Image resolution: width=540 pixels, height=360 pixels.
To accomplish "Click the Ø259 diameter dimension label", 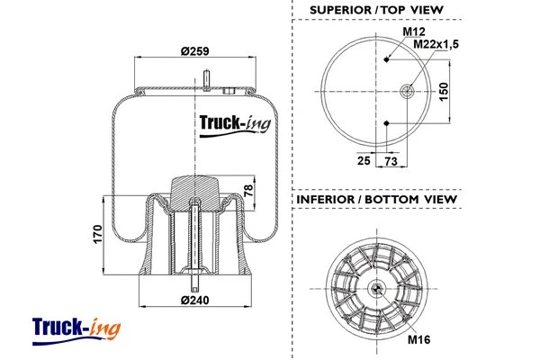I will [x=195, y=51].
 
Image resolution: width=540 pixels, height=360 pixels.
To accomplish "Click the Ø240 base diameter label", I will [x=194, y=299].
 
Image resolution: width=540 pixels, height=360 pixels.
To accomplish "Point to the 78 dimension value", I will [x=249, y=190].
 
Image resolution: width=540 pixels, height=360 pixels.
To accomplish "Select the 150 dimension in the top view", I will [x=444, y=92].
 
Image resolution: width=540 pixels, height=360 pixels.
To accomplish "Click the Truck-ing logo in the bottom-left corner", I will [x=76, y=329].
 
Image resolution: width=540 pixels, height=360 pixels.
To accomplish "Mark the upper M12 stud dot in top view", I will [x=386, y=59].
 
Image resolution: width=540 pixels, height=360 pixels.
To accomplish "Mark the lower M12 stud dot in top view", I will [x=386, y=122].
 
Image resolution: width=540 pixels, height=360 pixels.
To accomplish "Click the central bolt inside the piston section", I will [x=194, y=238].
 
